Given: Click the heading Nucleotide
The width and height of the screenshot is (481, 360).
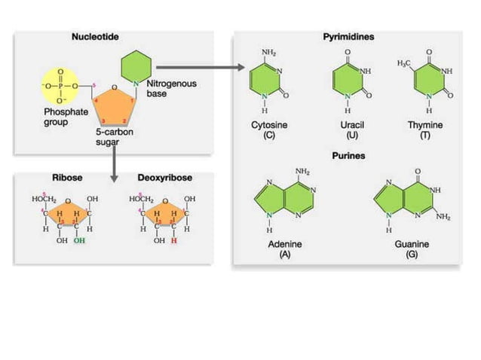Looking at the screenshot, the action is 94,36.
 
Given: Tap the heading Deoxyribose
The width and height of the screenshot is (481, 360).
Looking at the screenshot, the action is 165,178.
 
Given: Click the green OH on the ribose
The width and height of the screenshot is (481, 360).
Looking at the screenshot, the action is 80,242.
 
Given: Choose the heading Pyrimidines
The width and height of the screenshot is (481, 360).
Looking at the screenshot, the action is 354,36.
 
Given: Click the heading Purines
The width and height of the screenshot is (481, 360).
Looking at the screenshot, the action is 349,156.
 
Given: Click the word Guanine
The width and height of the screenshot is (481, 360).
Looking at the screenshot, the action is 412,245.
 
